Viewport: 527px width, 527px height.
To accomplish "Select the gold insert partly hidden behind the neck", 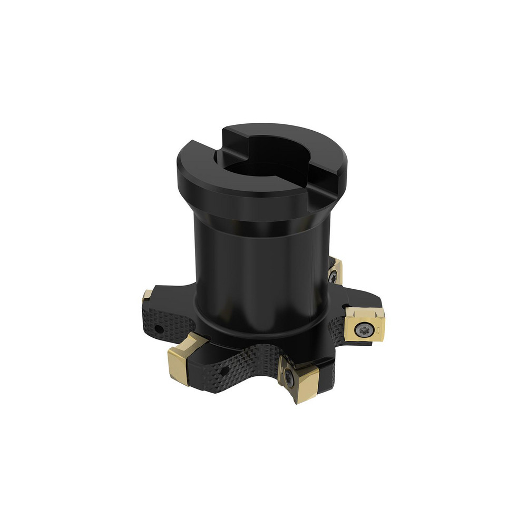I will pos(335,270).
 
